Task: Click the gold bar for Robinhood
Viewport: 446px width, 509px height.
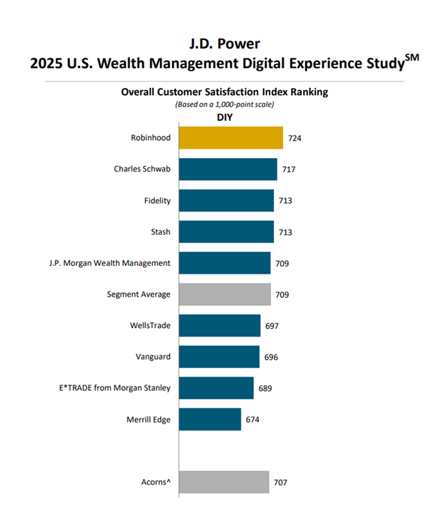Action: [x=230, y=138]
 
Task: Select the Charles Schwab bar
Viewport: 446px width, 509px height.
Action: [x=227, y=169]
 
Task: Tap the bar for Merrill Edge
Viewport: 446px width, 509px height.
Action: [x=209, y=420]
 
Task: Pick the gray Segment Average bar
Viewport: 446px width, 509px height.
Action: [x=224, y=295]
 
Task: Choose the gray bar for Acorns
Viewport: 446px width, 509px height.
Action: [x=224, y=483]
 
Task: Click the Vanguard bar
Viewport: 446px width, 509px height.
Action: [x=219, y=357]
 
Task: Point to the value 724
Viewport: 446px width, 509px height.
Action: [x=294, y=138]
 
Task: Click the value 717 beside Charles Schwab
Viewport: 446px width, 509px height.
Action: [x=289, y=169]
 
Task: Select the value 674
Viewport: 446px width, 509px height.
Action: [x=253, y=420]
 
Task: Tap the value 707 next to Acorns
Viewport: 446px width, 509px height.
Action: [x=281, y=483]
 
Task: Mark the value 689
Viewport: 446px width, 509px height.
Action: [x=265, y=388]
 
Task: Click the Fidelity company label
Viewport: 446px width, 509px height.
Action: [x=157, y=201]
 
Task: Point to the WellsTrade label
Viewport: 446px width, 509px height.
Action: [x=150, y=326]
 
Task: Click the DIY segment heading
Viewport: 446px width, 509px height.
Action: [x=225, y=117]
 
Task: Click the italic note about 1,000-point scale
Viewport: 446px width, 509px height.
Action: [x=224, y=104]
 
